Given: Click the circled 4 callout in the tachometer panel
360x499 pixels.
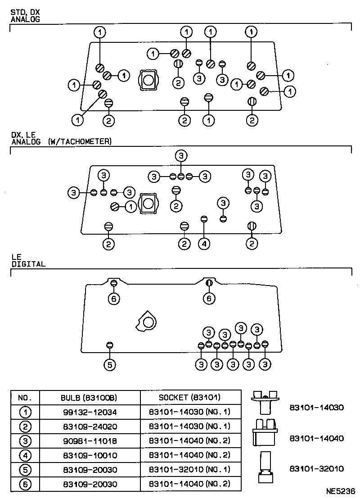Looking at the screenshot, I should pos(204,244).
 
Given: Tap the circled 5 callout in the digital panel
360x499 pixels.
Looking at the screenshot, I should pos(109,364).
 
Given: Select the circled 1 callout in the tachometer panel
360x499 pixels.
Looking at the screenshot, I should pos(130,207).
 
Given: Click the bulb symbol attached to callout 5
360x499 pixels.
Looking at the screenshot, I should pos(109,345).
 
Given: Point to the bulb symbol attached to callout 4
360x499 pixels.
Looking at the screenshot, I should pos(204,219).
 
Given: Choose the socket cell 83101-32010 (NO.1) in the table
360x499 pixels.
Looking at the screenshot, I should pos(189,469).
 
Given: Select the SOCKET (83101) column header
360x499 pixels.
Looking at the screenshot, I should pos(189,398).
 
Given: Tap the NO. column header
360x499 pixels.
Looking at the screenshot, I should pos(25,398).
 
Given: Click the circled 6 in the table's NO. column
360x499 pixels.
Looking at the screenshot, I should pos(25,484).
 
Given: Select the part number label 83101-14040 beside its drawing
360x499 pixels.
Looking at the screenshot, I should pos(316,438).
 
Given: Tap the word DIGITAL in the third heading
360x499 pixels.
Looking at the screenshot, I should pos(28,264).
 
